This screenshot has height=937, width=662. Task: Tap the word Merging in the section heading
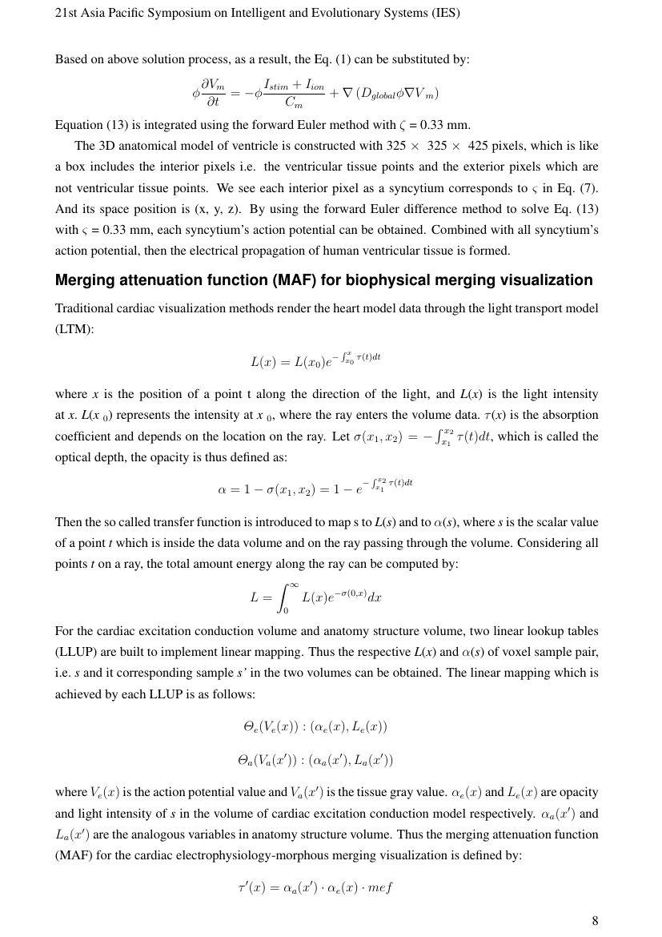point(85,280)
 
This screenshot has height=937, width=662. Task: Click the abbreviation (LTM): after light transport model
point(74,329)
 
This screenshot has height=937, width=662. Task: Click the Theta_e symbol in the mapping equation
point(250,727)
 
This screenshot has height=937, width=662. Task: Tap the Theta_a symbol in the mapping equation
point(247,759)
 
